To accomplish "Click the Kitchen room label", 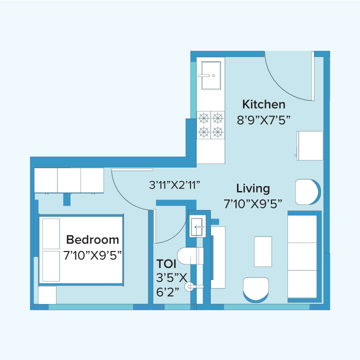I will click(263, 104).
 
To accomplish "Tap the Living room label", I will click(253, 188).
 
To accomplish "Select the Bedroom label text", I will click(92, 239).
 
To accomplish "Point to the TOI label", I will click(165, 263).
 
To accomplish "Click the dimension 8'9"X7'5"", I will click(263, 119).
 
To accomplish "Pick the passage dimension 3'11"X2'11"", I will click(174, 184).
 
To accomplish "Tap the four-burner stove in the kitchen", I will click(210, 124).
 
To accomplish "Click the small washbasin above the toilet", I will click(197, 226).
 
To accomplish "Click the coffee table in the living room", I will click(263, 251).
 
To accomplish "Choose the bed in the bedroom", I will click(81, 249).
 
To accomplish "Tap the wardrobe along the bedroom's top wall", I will click(68, 180).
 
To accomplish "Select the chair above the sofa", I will click(307, 191).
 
